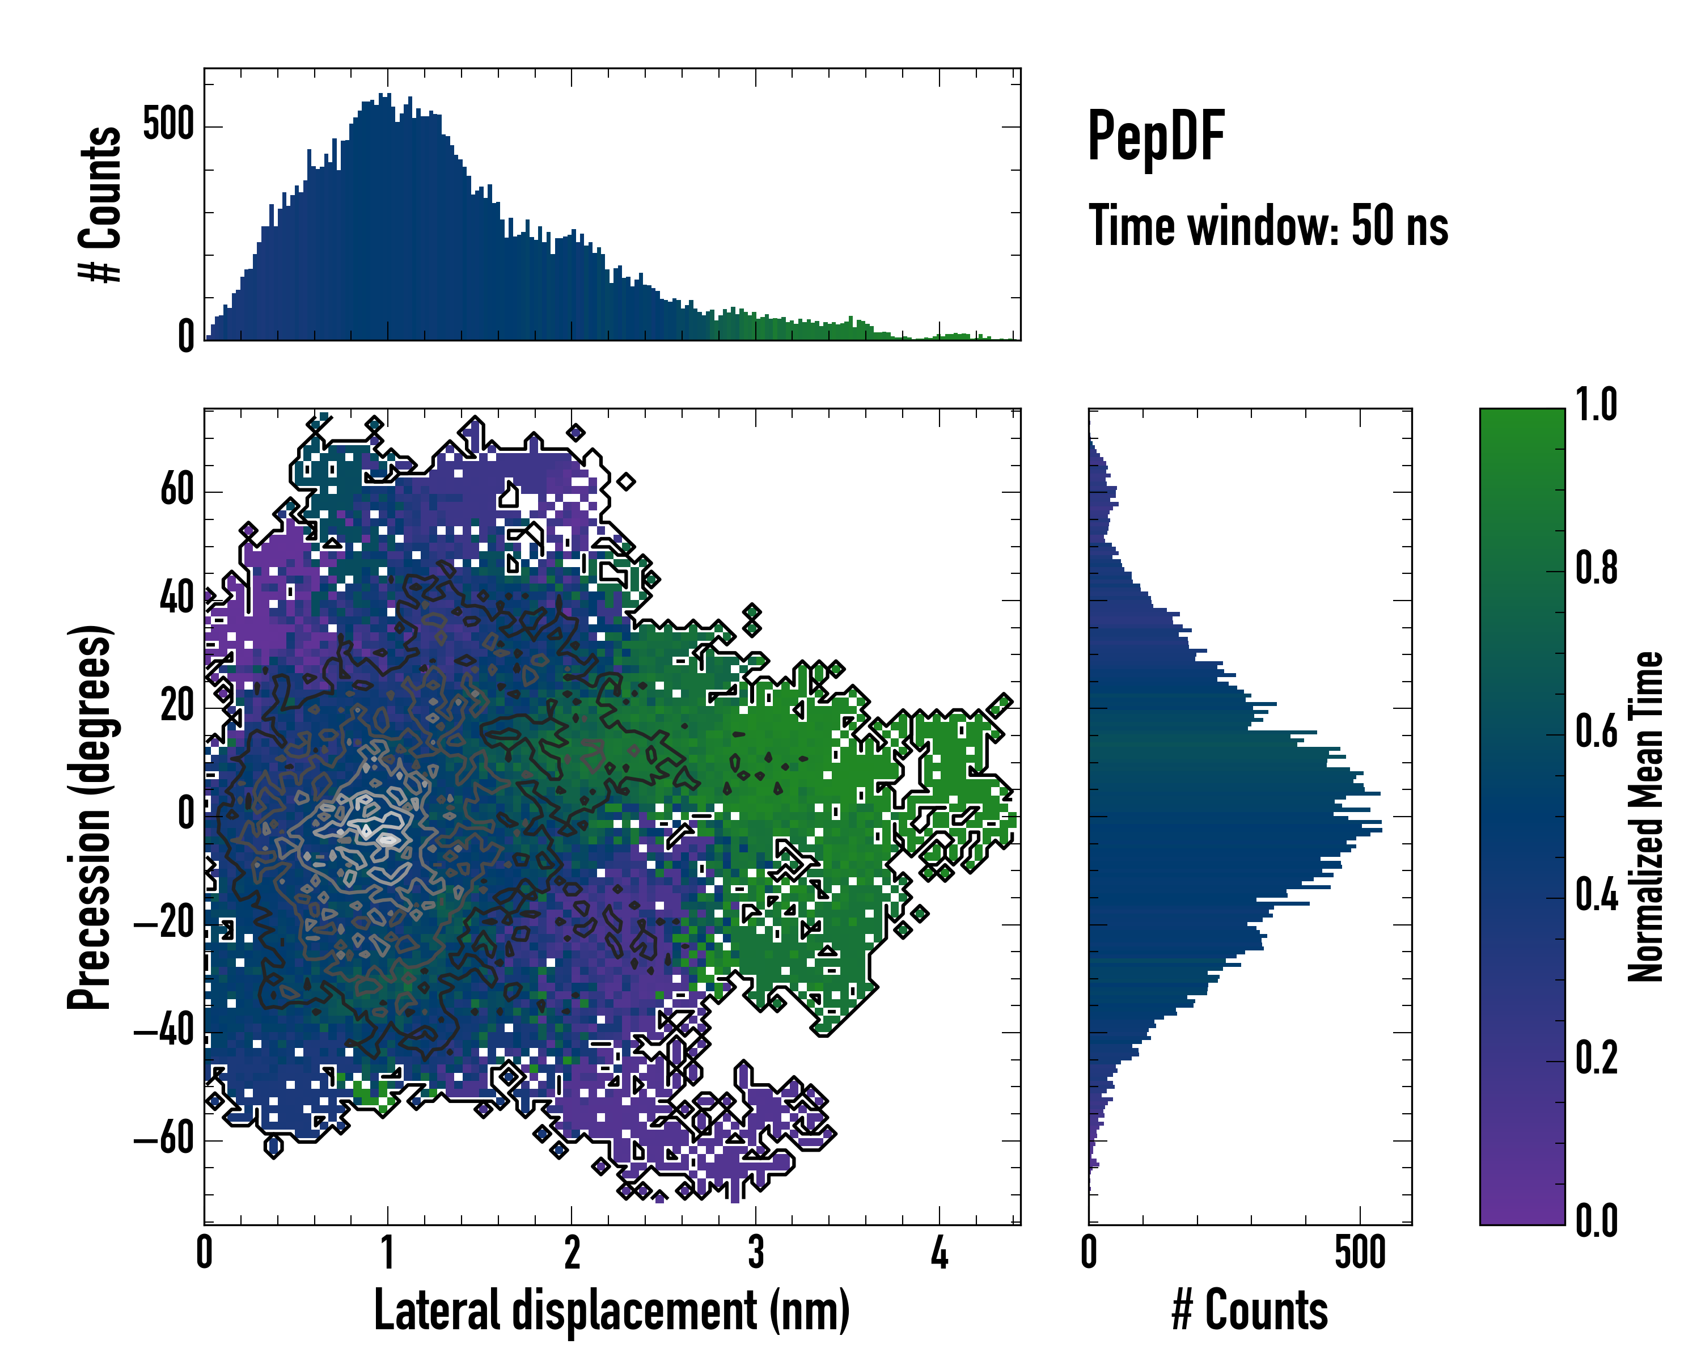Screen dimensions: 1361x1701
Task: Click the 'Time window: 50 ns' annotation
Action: pos(1268,226)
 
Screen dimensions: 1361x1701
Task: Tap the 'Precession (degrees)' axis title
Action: pos(89,817)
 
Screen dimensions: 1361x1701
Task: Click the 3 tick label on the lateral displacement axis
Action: pos(756,1253)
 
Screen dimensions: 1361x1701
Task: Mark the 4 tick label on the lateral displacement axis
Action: pos(939,1253)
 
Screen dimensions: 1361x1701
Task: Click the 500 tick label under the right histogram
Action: pos(1360,1253)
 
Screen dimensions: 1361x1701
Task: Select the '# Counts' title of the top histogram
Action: pos(100,204)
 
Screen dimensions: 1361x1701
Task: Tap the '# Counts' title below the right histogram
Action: pos(1250,1311)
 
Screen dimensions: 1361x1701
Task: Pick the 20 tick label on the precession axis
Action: pos(177,706)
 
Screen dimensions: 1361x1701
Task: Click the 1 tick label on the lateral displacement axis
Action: pos(387,1253)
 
